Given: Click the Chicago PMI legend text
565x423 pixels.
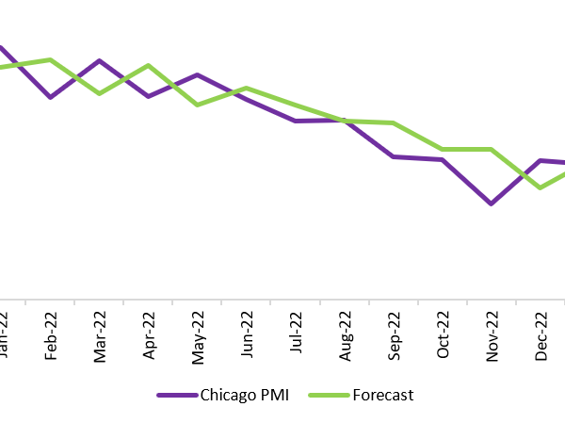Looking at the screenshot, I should pyautogui.click(x=244, y=395).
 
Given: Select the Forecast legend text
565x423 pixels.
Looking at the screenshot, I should pyautogui.click(x=382, y=395).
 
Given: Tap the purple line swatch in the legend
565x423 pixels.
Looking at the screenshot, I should pyautogui.click(x=176, y=395).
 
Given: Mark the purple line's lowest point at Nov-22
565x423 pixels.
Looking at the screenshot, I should pyautogui.click(x=492, y=203).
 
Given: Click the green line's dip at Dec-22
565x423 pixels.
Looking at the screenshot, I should pyautogui.click(x=540, y=187).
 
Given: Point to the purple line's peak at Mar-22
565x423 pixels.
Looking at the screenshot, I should pyautogui.click(x=100, y=61).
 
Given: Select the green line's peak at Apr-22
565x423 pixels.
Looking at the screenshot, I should pyautogui.click(x=149, y=66).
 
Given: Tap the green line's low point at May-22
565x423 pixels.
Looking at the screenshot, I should pyautogui.click(x=197, y=104).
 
